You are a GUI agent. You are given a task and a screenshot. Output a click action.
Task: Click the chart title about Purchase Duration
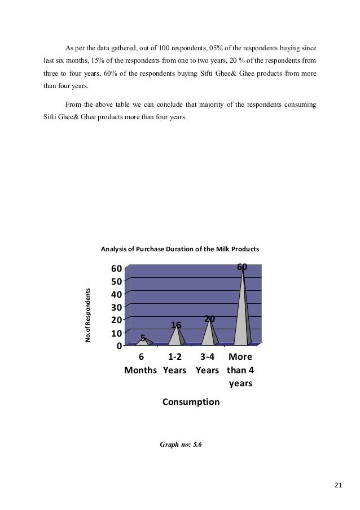pyautogui.click(x=179, y=249)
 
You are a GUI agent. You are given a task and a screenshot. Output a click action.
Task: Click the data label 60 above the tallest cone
pyautogui.click(x=242, y=267)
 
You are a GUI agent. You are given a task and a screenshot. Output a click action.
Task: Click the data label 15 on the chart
pyautogui.click(x=176, y=325)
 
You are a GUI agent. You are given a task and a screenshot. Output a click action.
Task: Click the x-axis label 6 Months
pyautogui.click(x=141, y=365)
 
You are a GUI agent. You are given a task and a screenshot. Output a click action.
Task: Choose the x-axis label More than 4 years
pyautogui.click(x=240, y=370)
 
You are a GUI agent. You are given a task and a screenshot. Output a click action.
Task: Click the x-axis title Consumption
pyautogui.click(x=191, y=402)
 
